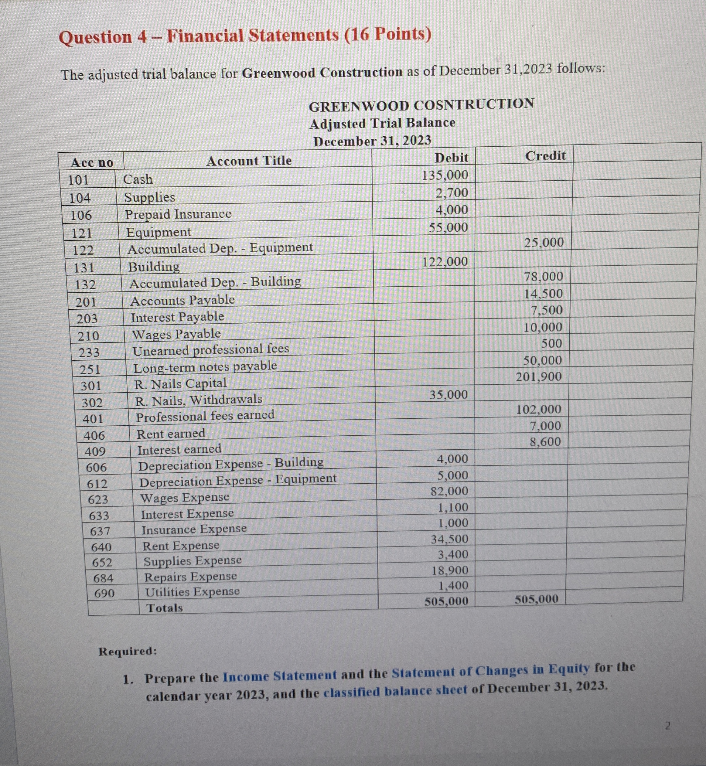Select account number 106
click(81, 216)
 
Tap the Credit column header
click(545, 156)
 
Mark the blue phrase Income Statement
click(279, 676)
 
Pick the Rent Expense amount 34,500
click(449, 539)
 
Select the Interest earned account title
click(179, 450)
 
